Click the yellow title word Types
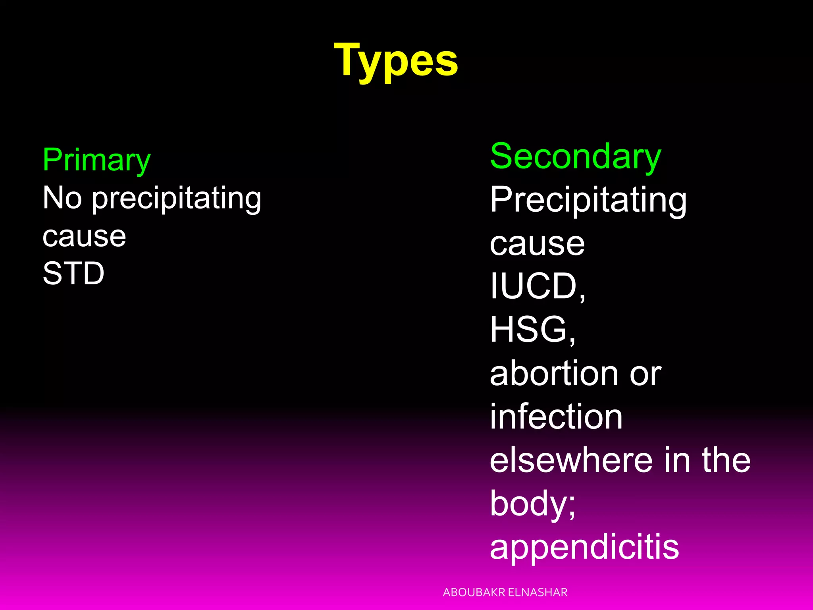396,61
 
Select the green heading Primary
96,160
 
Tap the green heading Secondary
575,156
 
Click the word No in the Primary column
62,198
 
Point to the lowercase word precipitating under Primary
177,199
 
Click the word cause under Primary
84,236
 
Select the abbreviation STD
73,273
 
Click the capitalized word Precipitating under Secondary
588,200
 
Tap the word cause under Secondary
537,243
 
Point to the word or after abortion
645,374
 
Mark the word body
530,504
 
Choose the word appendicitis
584,547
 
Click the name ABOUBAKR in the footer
474,593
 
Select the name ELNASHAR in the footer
538,593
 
